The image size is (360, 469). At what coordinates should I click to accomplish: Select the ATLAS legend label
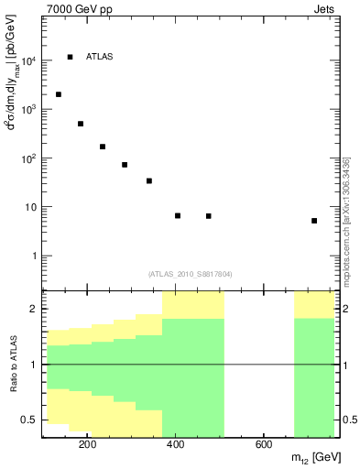99,57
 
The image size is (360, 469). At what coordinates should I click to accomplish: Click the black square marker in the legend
70,57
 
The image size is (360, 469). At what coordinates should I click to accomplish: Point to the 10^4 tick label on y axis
27,60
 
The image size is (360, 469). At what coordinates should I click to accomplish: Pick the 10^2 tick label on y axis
27,158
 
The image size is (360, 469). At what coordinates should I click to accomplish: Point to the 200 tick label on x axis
87,446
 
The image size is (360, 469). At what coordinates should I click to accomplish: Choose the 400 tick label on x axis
175,446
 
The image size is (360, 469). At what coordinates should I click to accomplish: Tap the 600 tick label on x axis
263,446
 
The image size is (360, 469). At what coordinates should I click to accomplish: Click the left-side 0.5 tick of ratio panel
29,420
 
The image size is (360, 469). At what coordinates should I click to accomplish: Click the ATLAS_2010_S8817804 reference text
188,272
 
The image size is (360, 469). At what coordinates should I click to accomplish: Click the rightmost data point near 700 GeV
314,221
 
